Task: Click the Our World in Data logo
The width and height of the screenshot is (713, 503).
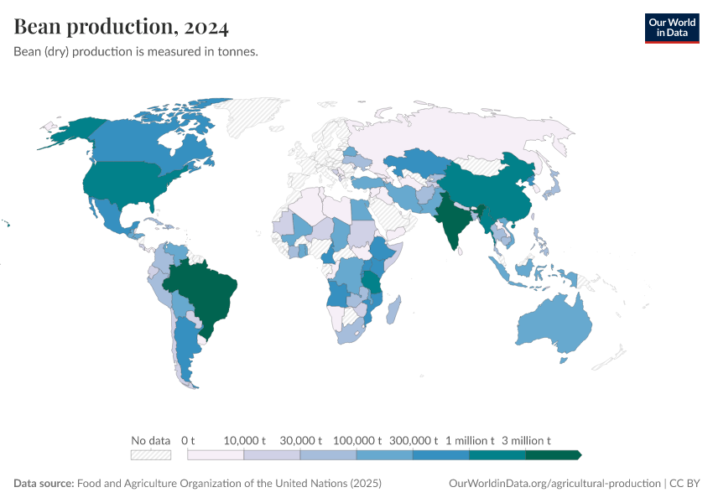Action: [671, 28]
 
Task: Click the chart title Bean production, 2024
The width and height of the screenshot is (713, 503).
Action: [122, 27]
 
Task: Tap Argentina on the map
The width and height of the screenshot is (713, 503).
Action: [186, 344]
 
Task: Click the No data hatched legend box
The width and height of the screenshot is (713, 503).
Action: [151, 454]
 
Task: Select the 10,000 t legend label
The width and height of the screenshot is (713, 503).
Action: [244, 440]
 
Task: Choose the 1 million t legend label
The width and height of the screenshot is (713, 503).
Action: [469, 440]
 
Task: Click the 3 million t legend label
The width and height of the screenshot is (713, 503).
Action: [526, 440]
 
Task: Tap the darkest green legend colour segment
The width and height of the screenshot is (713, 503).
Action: [552, 454]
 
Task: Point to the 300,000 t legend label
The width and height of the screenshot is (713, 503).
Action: [413, 440]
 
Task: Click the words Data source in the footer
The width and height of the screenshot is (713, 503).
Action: [44, 484]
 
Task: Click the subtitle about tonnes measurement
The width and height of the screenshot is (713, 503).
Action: [136, 52]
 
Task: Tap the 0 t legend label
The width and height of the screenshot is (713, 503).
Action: [188, 440]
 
